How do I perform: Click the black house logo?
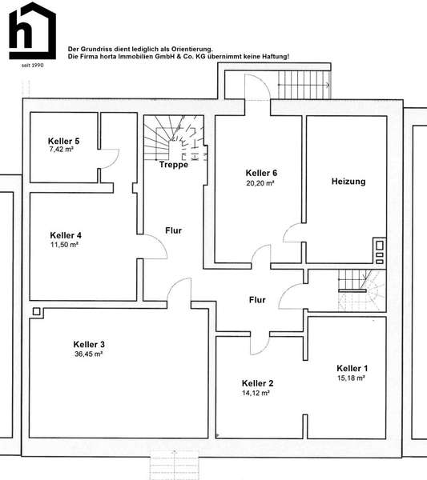[33, 30]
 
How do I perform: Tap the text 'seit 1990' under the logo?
[33, 66]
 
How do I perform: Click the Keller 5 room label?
[64, 141]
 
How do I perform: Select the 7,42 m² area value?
[62, 150]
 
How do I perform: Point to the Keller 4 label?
[66, 235]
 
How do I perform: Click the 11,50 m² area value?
[64, 245]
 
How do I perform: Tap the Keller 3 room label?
[89, 344]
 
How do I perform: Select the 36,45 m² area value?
[89, 354]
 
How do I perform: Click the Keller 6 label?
[261, 173]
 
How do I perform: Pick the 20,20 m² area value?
[260, 183]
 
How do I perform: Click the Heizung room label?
[348, 182]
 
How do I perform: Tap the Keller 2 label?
[257, 383]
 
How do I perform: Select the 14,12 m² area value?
[256, 393]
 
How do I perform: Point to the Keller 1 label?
[352, 368]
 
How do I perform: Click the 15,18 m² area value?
[351, 378]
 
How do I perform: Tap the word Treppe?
[174, 165]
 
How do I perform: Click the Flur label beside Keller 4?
[174, 230]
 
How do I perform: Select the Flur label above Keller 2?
[257, 300]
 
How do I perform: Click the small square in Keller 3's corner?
[37, 312]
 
